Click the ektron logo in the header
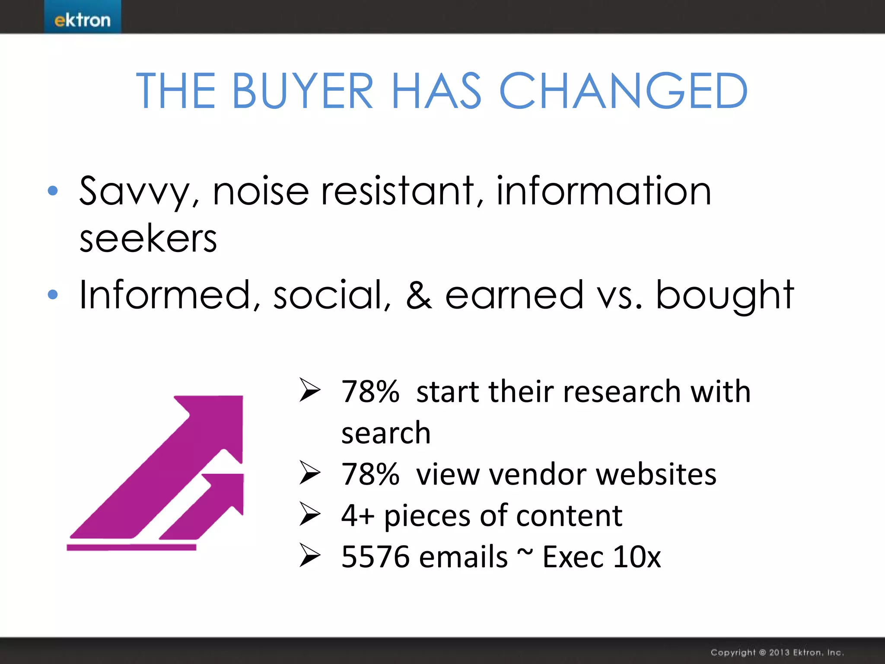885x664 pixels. coord(82,20)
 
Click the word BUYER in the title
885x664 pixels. coord(302,91)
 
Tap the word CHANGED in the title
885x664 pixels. coord(623,91)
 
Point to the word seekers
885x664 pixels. coord(148,239)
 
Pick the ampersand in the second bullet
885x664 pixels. coord(418,295)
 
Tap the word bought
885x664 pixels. coord(725,296)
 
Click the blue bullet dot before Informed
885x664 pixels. coord(53,295)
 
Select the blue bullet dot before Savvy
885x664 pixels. coord(53,191)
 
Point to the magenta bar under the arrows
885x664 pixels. coord(131,547)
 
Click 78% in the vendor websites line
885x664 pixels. coord(370,474)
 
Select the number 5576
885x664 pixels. coord(375,556)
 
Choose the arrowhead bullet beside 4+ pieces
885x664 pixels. coord(310,515)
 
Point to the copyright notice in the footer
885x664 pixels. coord(777,652)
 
